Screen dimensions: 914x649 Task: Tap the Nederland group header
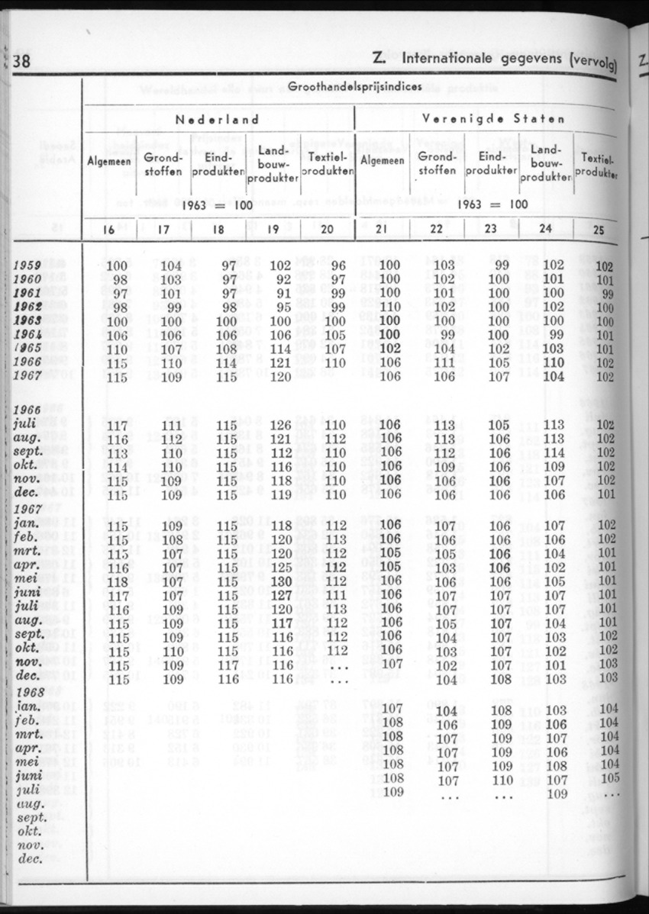click(x=218, y=119)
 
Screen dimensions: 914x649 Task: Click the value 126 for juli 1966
click(x=281, y=425)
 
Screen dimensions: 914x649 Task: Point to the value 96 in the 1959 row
click(x=339, y=266)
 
